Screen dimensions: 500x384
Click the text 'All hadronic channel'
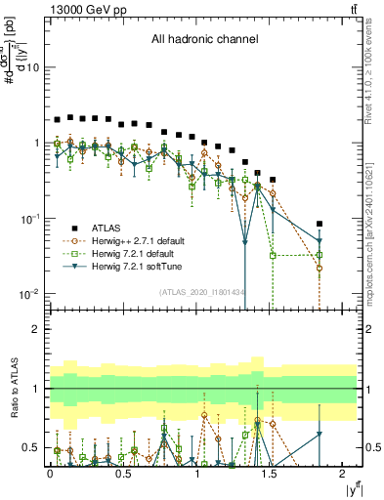pos(203,40)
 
